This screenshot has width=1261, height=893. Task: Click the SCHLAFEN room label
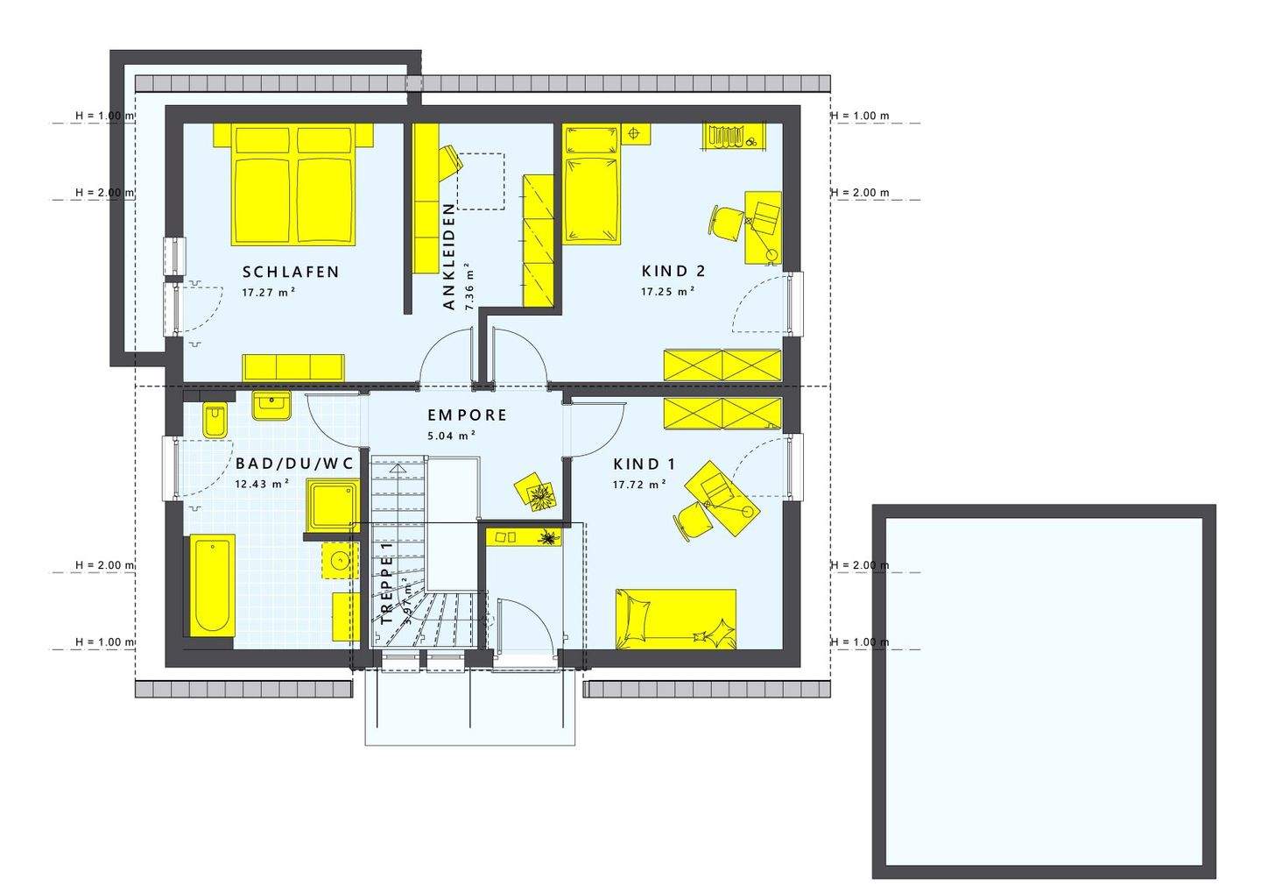tap(291, 272)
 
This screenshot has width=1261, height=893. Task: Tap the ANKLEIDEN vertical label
tap(449, 257)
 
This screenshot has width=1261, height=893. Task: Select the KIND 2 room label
tap(673, 271)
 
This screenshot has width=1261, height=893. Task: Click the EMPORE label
tap(467, 415)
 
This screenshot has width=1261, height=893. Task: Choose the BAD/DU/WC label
tap(294, 464)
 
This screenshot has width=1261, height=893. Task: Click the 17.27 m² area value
tap(268, 293)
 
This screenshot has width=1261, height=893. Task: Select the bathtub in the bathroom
tap(212, 585)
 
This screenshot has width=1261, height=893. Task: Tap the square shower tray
tap(332, 506)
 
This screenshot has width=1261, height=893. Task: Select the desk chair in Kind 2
tap(727, 220)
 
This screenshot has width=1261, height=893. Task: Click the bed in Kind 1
tap(675, 619)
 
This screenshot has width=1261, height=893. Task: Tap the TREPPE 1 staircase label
tap(387, 583)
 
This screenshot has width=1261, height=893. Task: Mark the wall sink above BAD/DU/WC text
tap(271, 406)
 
